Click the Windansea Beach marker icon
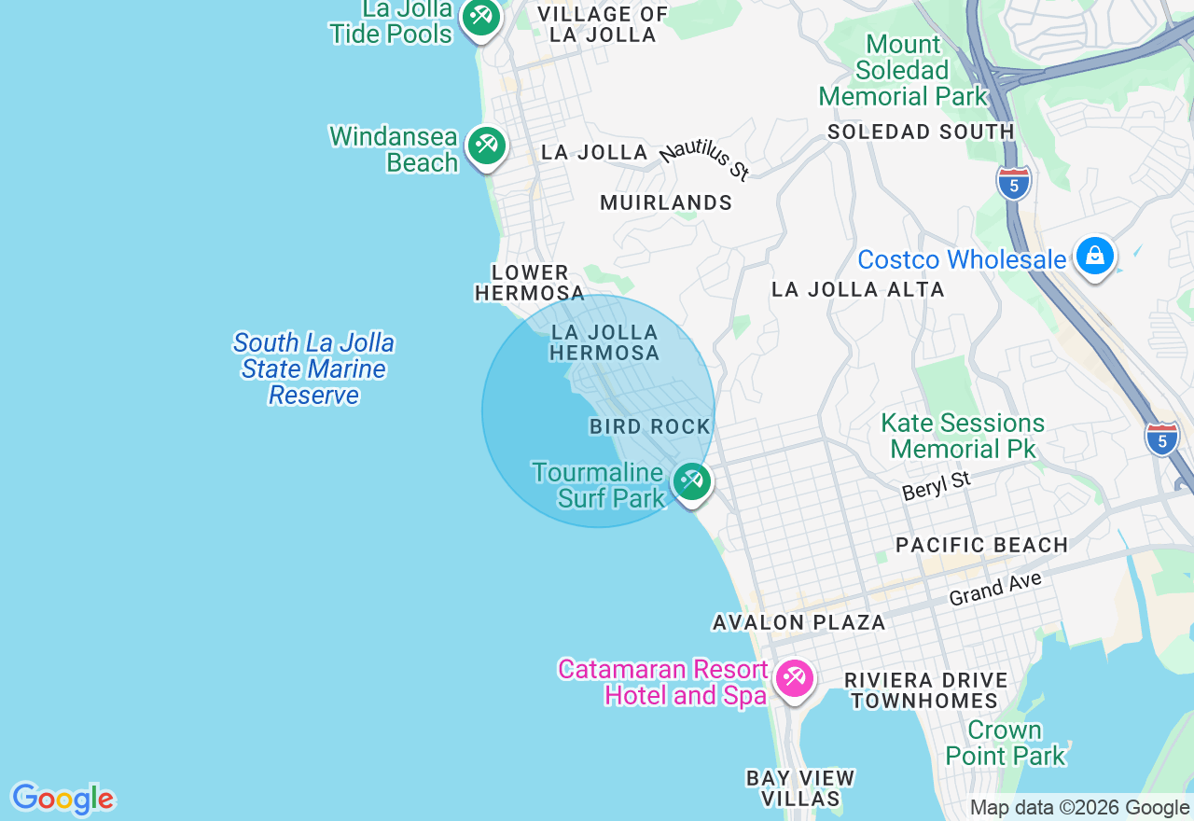[486, 146]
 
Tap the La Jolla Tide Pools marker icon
[480, 17]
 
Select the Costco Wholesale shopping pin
[1094, 255]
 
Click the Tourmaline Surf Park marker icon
[691, 481]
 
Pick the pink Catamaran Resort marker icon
[795, 677]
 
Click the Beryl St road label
[937, 486]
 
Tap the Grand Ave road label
[994, 590]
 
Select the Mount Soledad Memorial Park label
[902, 70]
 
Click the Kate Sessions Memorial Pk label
[963, 436]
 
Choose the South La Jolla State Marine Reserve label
[313, 369]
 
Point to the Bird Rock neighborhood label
[650, 426]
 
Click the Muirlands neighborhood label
[666, 202]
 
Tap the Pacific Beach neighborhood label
[981, 545]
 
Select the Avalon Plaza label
[798, 622]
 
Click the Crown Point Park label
[1005, 743]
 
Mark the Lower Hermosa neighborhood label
[530, 283]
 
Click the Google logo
[62, 799]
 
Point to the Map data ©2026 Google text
[1079, 808]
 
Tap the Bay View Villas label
[800, 787]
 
